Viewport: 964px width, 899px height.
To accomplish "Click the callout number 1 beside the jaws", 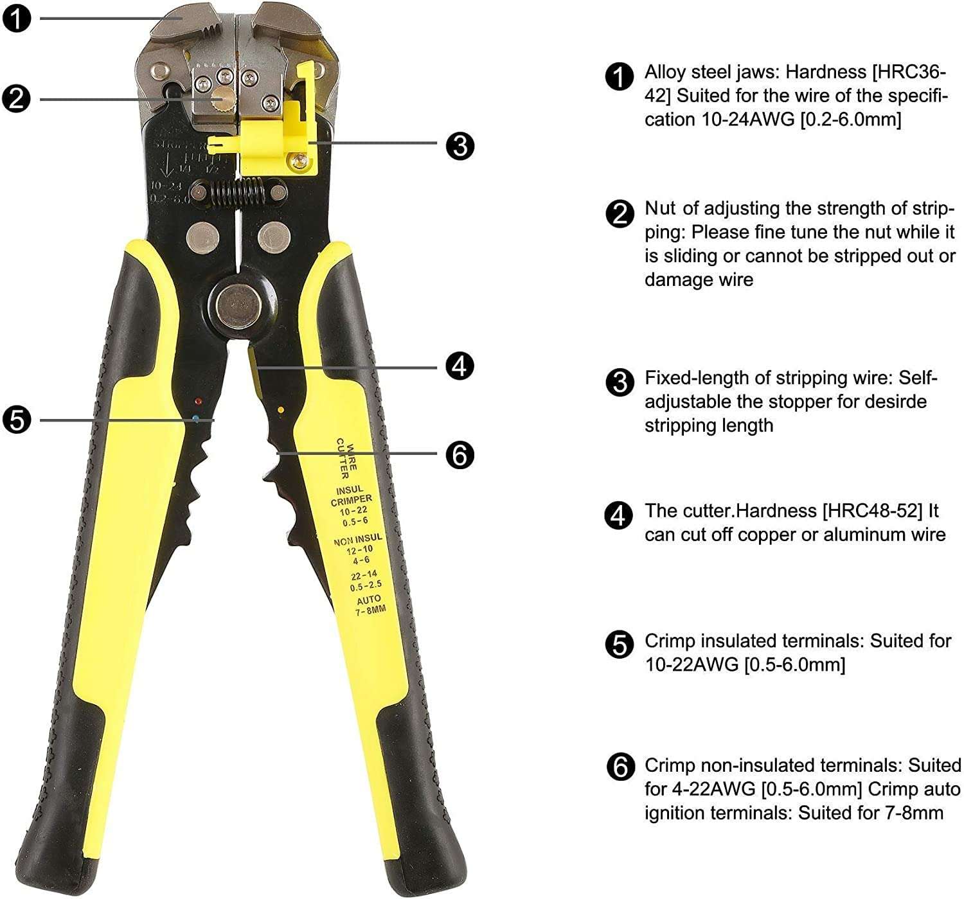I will [x=16, y=17].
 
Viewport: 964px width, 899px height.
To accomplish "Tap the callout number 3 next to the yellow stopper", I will [x=460, y=146].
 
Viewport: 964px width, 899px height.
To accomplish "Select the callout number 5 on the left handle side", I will [x=16, y=420].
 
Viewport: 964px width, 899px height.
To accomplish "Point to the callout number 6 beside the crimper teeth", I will [x=460, y=455].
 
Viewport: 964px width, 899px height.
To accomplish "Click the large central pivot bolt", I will [x=238, y=303].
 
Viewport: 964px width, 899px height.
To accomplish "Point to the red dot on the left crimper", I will [x=199, y=401].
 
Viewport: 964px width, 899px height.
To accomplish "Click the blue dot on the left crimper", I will [x=195, y=418].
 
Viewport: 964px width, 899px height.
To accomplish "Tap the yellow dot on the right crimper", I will [x=280, y=409].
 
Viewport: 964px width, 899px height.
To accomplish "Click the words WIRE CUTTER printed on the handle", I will [x=346, y=458].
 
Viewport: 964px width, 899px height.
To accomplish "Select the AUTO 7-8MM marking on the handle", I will [x=370, y=604].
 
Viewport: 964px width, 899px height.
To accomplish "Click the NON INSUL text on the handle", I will [x=357, y=539].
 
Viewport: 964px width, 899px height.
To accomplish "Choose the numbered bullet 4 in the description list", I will [x=620, y=515].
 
